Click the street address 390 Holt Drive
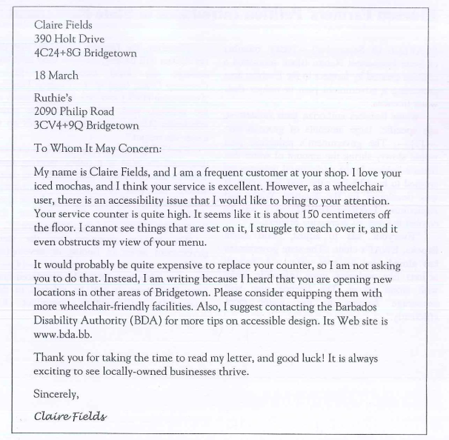click(68, 39)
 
